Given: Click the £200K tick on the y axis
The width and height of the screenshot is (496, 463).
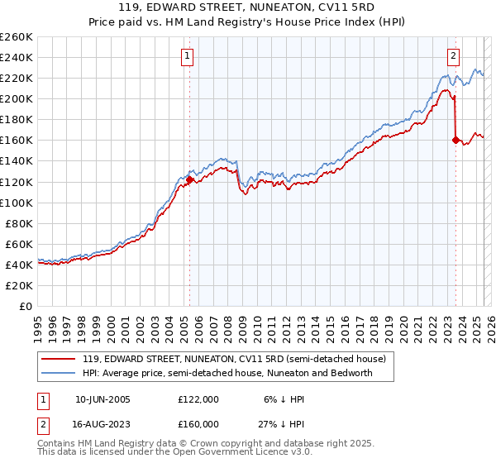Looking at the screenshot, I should (17, 98).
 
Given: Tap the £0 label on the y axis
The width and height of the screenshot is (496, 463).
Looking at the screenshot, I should (26, 306).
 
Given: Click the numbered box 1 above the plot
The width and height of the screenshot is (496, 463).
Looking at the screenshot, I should (189, 56).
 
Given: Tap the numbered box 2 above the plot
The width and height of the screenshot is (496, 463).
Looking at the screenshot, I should (454, 56).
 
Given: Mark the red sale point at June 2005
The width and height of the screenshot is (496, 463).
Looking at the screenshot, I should (189, 179).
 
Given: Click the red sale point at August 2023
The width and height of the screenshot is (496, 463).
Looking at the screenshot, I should (455, 140).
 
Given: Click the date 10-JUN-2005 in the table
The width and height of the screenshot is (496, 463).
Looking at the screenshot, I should (103, 399).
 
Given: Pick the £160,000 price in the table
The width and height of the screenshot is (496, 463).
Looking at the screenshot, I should (198, 423).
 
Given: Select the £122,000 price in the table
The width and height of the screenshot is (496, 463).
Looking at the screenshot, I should (198, 399).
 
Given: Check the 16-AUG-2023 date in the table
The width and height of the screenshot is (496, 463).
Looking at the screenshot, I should (103, 423).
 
